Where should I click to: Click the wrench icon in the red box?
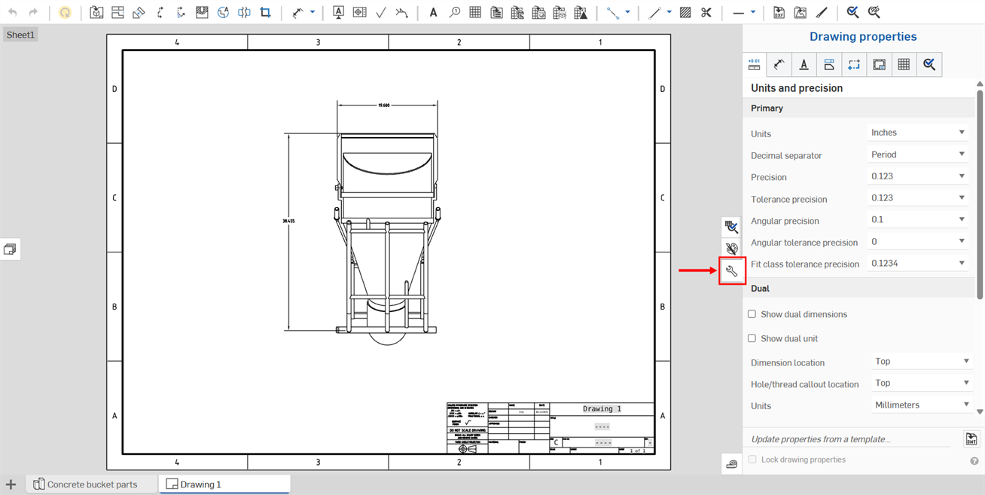[x=731, y=270]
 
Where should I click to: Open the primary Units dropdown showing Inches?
[x=917, y=133]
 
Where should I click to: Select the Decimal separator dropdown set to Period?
[x=917, y=154]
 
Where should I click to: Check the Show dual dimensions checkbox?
[x=752, y=314]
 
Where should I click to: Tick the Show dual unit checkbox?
[x=752, y=338]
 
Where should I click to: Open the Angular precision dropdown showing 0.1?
[x=917, y=220]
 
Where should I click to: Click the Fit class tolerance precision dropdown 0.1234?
[x=917, y=264]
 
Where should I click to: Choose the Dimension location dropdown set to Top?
[x=921, y=362]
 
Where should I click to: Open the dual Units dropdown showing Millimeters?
[x=921, y=405]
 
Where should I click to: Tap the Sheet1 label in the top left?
[x=20, y=35]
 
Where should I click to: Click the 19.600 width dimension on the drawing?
[x=384, y=105]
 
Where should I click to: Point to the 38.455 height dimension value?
[x=288, y=222]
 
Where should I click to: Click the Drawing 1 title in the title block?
[x=602, y=409]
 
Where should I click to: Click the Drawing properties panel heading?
[x=863, y=36]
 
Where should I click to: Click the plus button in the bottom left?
[x=11, y=484]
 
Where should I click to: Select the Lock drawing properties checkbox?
[x=752, y=460]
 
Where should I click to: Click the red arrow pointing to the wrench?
[x=697, y=270]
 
